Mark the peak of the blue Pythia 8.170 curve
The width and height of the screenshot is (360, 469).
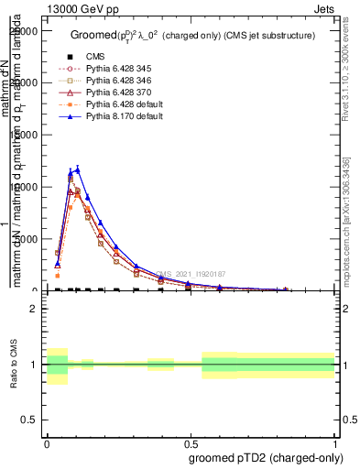[78, 169]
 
